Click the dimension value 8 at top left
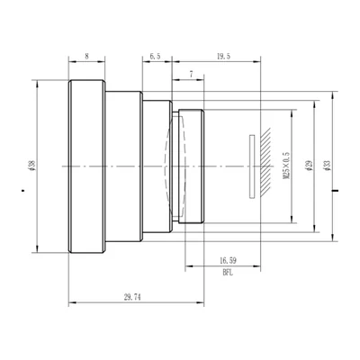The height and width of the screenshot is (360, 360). (86, 56)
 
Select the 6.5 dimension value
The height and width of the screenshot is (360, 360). (155, 56)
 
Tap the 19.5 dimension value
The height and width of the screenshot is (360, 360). (223, 56)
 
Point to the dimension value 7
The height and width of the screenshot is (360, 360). (192, 75)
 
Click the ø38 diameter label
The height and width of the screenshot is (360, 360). (33, 166)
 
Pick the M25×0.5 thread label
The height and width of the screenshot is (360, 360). (287, 166)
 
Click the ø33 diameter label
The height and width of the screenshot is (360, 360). (327, 166)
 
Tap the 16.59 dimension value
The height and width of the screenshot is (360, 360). (228, 261)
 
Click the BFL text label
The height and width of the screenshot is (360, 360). (228, 273)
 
